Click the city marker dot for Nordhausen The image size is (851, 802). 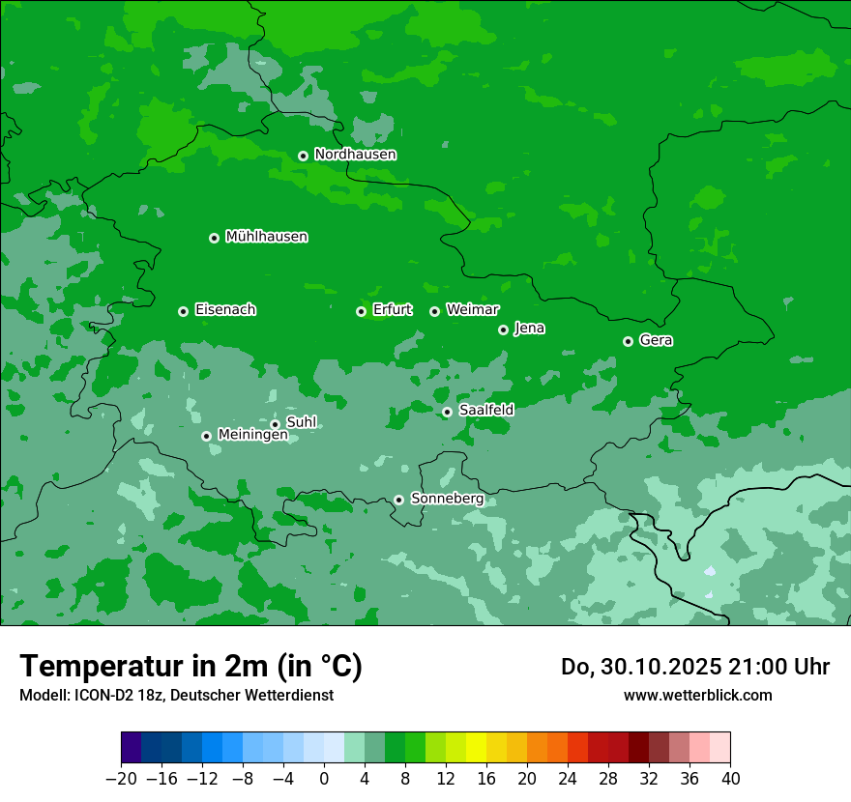point(303,156)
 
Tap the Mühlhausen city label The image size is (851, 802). point(266,237)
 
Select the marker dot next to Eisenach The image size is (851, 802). point(183,311)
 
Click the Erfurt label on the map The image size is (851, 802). point(392,310)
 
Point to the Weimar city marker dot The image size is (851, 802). point(434,311)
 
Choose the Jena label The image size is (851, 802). point(529,329)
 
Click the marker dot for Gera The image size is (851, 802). point(628,341)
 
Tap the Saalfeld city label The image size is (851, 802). point(485,411)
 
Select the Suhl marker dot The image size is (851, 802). point(275,424)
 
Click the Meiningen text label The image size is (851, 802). point(252,436)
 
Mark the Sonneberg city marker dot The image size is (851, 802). point(398,500)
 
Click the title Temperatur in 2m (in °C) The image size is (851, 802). point(191,667)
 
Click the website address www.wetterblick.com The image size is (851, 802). point(697,695)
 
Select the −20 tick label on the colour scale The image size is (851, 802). point(121,778)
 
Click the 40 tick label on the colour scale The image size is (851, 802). point(730,778)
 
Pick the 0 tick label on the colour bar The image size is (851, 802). point(324,778)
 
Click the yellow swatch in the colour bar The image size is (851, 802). point(476,748)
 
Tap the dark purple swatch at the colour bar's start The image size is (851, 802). point(132,748)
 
